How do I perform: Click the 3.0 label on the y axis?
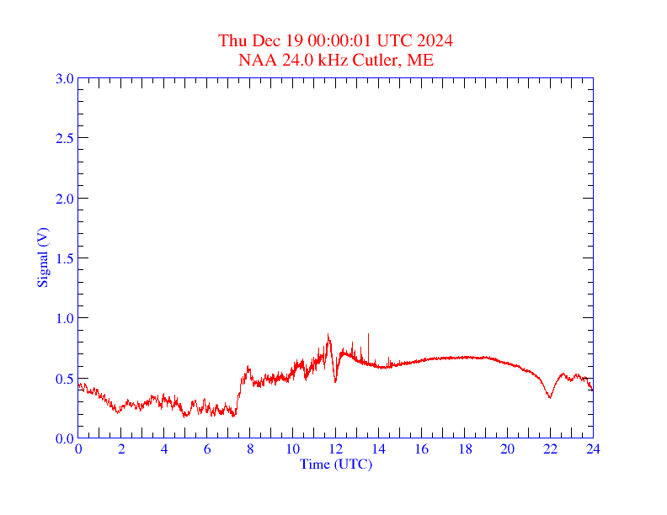coord(64,78)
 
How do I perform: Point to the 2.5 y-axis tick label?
coord(64,138)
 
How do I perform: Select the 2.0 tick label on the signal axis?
coord(64,199)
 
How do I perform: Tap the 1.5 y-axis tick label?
coord(64,258)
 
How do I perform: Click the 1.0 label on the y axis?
coord(64,318)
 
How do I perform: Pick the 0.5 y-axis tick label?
coord(64,379)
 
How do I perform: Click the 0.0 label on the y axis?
coord(64,438)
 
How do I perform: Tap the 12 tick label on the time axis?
coord(335,449)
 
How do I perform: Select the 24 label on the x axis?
coord(593,449)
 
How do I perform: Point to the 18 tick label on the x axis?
coord(464,449)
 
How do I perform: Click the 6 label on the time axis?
coord(207,449)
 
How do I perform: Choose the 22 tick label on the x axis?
coord(550,449)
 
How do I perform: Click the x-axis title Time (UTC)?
coord(335,464)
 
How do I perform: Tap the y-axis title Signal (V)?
coord(43,257)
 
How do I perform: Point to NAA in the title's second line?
coord(255,60)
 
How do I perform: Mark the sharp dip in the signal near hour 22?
coord(549,396)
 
